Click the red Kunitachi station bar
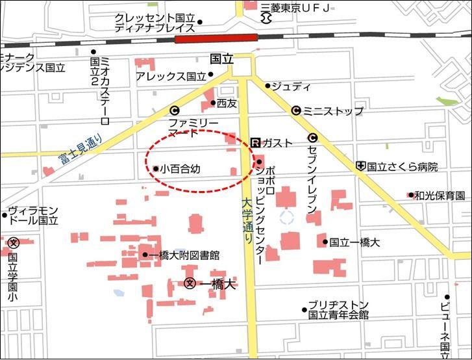click(x=216, y=38)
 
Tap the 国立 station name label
click(x=221, y=58)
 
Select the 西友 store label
click(x=227, y=103)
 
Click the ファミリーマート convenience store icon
click(x=174, y=110)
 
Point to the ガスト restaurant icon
click(x=255, y=142)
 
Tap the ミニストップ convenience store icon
click(x=296, y=110)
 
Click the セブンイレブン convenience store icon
click(x=312, y=138)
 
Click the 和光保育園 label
click(x=440, y=195)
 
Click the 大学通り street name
click(x=247, y=221)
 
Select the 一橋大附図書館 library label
click(x=184, y=255)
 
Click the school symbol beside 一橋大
click(x=190, y=283)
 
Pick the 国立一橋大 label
click(x=354, y=242)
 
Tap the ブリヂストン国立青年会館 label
click(x=338, y=310)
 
